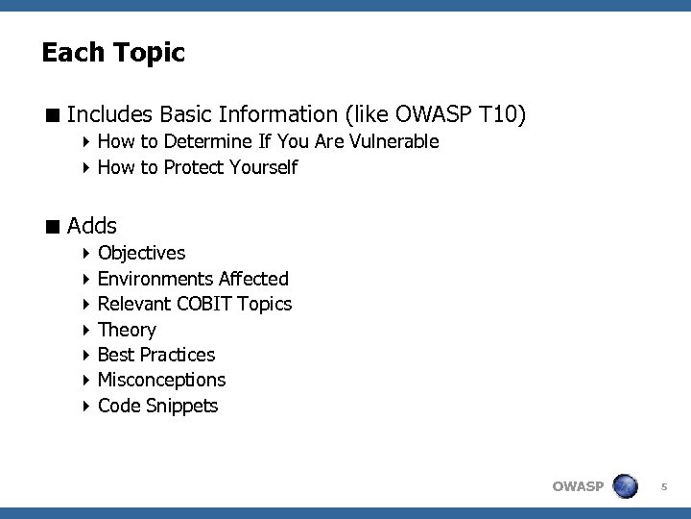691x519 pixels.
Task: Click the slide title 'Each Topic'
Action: click(x=113, y=53)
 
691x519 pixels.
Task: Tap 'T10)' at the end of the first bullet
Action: click(x=502, y=115)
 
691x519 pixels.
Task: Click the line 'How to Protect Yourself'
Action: click(x=198, y=168)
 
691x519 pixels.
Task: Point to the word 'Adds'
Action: click(x=92, y=227)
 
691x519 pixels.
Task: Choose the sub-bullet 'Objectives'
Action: click(x=142, y=253)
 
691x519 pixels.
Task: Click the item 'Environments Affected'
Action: click(x=193, y=279)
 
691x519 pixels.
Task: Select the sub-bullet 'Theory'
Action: click(x=127, y=330)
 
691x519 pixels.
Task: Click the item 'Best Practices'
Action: click(x=156, y=355)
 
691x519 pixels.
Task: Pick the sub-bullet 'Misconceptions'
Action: click(x=161, y=381)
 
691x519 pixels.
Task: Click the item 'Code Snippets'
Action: click(x=157, y=406)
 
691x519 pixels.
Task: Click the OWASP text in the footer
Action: click(x=578, y=486)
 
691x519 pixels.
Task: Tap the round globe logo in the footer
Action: click(x=626, y=485)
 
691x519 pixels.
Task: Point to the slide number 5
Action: click(x=663, y=487)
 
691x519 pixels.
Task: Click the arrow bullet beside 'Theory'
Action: click(x=85, y=331)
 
